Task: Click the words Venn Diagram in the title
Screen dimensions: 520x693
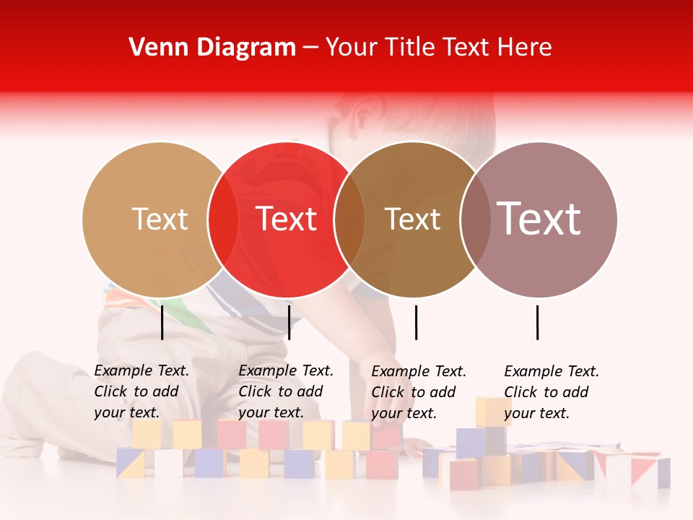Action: point(212,48)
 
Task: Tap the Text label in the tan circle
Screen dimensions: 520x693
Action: point(160,219)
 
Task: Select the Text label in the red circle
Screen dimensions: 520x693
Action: point(286,219)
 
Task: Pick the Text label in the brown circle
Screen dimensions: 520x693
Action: point(412,219)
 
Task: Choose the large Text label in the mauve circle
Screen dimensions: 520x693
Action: point(539,219)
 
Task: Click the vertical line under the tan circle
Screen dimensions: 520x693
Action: point(162,322)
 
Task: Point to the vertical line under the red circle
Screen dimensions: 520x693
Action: point(289,322)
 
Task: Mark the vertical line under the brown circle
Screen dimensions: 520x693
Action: point(416,322)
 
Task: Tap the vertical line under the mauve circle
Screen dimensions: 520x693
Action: point(538,322)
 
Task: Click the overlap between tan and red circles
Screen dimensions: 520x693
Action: point(223,219)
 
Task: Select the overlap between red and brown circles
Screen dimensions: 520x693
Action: point(349,219)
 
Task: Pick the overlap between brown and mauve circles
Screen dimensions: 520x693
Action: point(475,219)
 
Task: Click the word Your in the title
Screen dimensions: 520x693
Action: point(352,48)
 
